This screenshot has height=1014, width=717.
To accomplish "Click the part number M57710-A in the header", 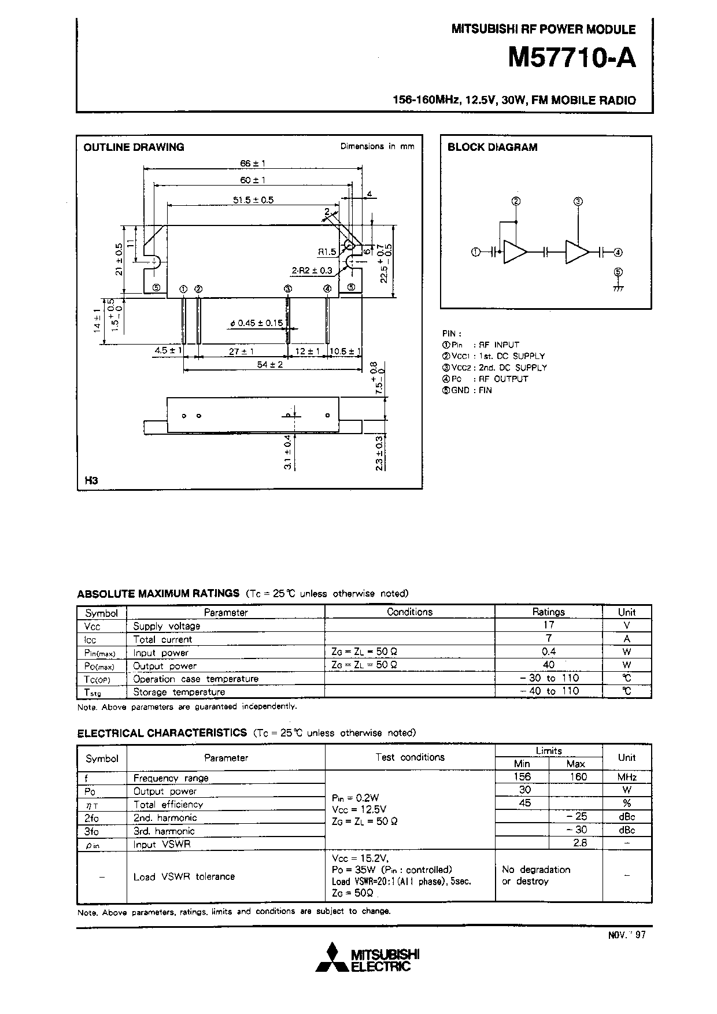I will coord(571,58).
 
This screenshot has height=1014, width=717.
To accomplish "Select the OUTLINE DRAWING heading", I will coord(134,147).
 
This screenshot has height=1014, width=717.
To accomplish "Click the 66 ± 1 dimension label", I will coord(252,164).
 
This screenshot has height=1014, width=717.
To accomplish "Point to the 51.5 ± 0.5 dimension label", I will coord(253,200).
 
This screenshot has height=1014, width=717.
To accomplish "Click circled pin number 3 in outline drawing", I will coord(287,288).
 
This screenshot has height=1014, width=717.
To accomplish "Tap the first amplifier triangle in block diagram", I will coord(515,252).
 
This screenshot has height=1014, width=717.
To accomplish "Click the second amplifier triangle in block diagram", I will coord(576,252).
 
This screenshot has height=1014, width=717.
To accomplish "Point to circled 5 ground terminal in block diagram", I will coord(618,272).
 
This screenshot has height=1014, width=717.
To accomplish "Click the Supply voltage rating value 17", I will coord(548,625).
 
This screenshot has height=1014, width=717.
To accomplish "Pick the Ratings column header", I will coord(548,612).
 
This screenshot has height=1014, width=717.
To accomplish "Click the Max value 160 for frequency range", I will coord(578,777).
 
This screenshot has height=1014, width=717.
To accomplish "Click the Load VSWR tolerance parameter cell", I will coord(184,877).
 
